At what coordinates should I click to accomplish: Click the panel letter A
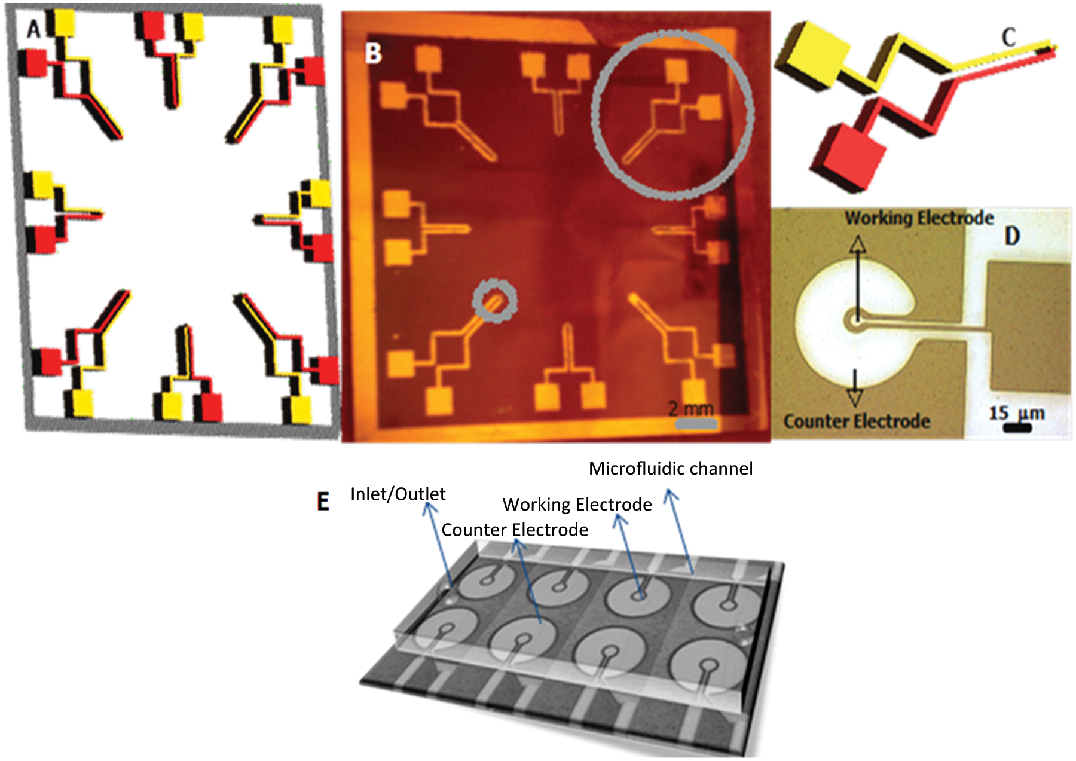(33, 27)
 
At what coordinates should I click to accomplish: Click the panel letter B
(373, 53)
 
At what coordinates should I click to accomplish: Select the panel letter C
(1008, 38)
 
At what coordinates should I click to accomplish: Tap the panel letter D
(1011, 236)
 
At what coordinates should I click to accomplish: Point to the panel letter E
(323, 501)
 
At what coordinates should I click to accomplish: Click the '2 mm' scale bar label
(691, 409)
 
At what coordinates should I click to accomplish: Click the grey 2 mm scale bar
(696, 424)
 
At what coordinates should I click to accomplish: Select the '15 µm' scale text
(1017, 413)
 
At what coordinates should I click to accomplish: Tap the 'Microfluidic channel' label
(671, 469)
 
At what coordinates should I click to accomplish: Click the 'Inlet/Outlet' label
(398, 494)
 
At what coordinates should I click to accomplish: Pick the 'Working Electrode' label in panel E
(577, 505)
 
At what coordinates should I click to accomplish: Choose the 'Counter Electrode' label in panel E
(515, 530)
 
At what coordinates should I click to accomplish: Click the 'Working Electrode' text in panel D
(919, 218)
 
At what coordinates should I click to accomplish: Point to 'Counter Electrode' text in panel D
(857, 421)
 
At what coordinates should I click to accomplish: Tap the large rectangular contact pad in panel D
(1028, 328)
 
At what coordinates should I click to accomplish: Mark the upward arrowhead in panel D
(858, 244)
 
